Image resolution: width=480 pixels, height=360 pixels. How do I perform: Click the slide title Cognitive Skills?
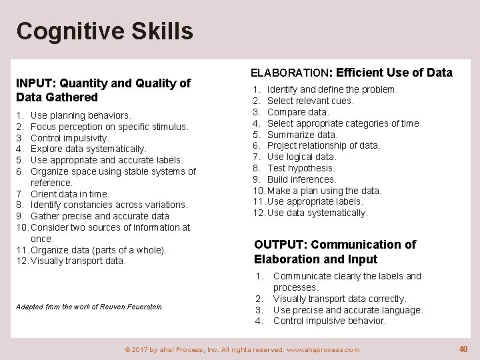pos(105,31)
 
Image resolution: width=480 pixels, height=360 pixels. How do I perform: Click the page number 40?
pos(463,349)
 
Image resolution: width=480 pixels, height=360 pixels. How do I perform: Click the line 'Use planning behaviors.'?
pos(81,115)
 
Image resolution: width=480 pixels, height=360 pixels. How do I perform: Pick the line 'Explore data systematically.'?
pos(89,149)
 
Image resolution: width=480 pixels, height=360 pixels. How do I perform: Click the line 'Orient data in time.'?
pos(70,194)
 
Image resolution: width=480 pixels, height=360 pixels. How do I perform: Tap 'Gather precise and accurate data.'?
pos(101,216)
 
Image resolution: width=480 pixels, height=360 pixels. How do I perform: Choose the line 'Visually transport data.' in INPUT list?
pos(78,261)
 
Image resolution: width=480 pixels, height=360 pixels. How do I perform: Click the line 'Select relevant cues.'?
pos(310,101)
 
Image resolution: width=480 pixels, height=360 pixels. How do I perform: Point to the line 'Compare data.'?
pos(298,112)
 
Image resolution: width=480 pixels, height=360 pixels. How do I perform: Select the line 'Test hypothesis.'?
pos(301,168)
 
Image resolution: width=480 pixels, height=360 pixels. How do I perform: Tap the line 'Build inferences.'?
pos(301,179)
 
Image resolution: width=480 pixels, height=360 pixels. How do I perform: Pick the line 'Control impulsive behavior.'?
pos(329,321)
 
